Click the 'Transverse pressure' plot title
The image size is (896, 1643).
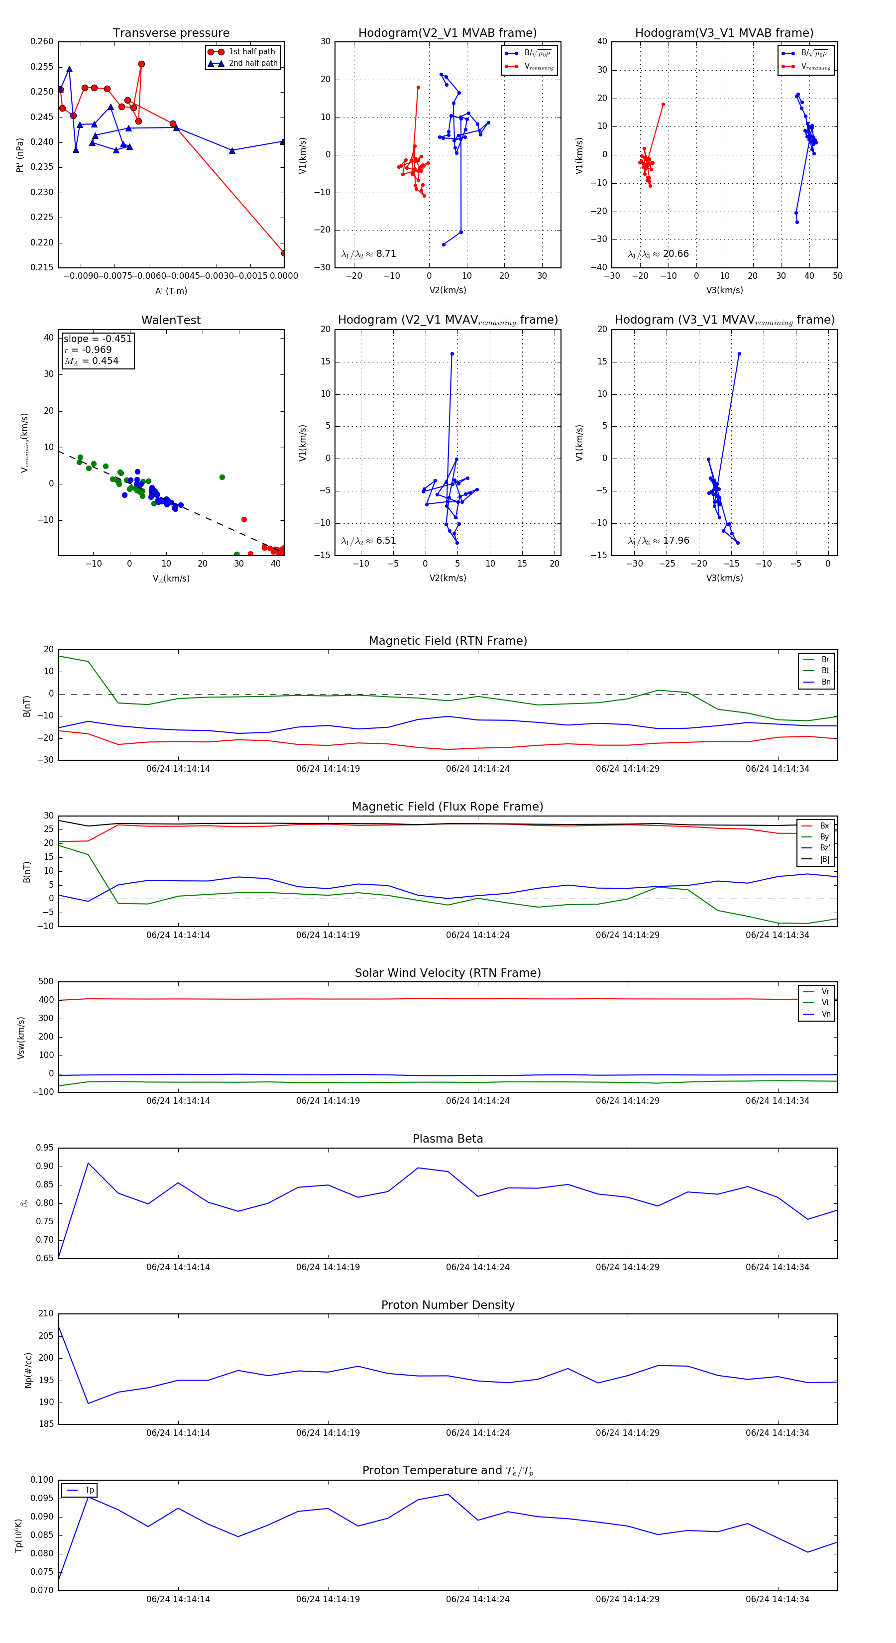(x=171, y=33)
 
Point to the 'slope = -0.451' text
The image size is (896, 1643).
(x=98, y=339)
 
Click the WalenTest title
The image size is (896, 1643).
(x=171, y=320)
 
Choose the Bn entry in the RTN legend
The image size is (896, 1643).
(x=825, y=682)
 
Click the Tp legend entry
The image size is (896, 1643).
(x=89, y=1490)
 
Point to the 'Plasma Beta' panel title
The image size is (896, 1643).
(x=448, y=1139)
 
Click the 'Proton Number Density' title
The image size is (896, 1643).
(x=448, y=1305)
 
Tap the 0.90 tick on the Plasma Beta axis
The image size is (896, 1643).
(x=45, y=1167)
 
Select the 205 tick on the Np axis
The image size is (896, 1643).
(x=46, y=1336)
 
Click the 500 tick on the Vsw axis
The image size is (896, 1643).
(x=46, y=982)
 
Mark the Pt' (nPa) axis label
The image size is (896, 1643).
(x=20, y=155)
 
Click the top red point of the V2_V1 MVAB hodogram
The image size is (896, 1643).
(x=418, y=88)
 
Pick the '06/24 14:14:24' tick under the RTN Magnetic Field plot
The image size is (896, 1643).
(x=478, y=769)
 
